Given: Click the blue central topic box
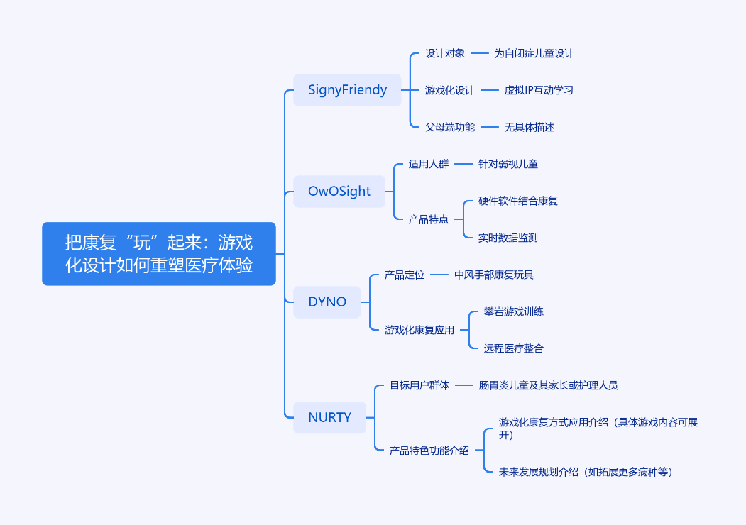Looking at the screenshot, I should coord(158,254).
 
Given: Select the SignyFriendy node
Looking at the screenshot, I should coord(347,90).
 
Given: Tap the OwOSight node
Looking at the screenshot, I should coord(339,192).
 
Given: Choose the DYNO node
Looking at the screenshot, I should coord(327,302).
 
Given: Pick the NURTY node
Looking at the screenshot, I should coord(329,417).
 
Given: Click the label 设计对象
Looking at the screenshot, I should coord(445,53).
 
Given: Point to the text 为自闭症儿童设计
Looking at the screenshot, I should coord(534,53).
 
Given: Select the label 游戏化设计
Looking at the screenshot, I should coord(449,90).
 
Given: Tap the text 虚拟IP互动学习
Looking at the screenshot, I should coord(539,90).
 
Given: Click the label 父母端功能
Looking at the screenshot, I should coord(449,127).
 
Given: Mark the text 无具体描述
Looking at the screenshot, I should coord(529,127).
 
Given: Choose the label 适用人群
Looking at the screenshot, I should coord(429,164).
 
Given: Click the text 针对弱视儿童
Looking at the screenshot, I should coord(508,164).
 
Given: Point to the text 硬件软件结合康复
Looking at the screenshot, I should coord(517,201).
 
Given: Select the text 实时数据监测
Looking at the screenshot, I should coord(508,238).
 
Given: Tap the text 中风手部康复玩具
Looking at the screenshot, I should coord(494,275).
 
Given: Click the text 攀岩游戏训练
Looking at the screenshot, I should coord(513,311).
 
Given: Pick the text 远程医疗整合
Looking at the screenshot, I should coord(513,348).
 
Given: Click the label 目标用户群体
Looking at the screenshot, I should coord(419,385).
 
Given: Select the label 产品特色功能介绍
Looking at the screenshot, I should coord(429,450).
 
